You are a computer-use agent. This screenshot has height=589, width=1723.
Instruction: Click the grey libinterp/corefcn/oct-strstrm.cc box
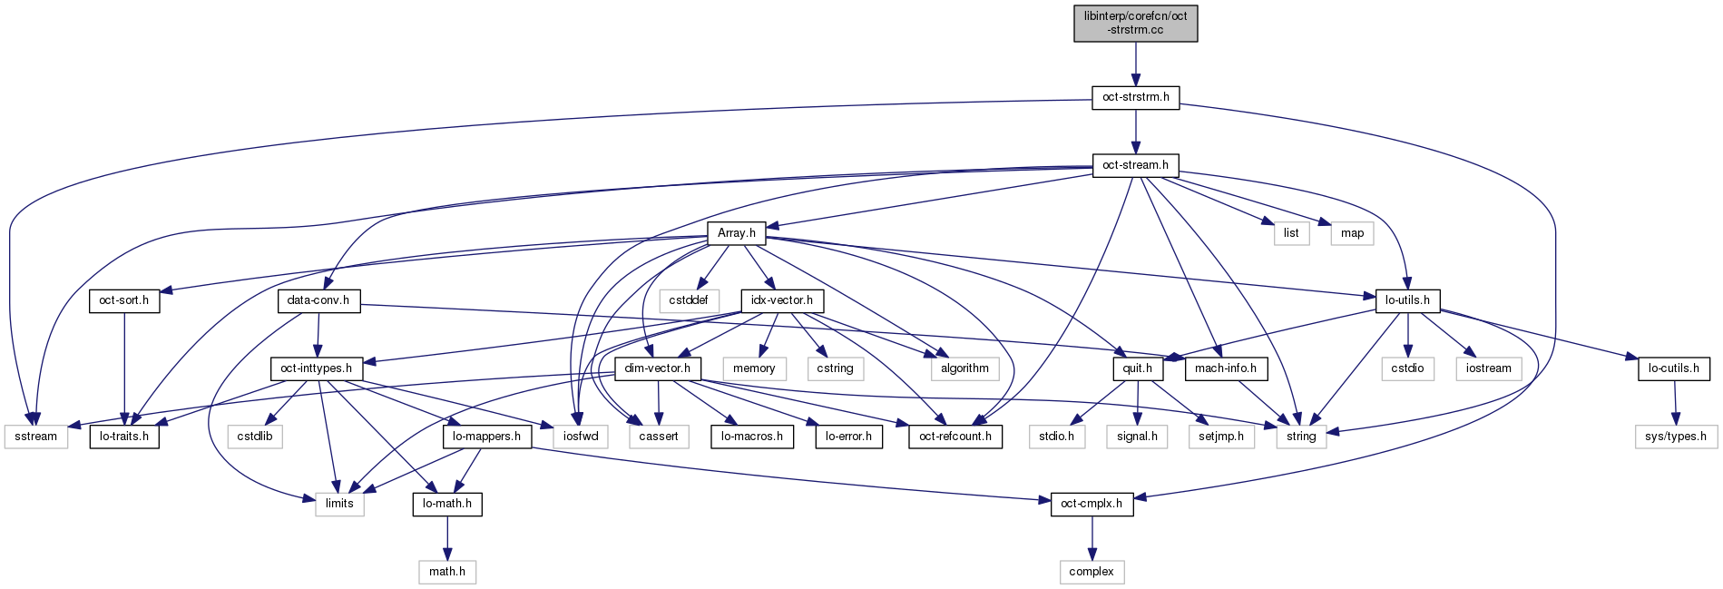pos(1135,23)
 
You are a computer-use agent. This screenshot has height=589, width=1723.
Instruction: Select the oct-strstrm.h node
pos(1135,97)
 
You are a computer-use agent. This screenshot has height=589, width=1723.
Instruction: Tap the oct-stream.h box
pos(1135,165)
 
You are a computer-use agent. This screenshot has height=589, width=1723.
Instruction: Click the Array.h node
pos(736,233)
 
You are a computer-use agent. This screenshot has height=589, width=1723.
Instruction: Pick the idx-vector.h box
pos(782,300)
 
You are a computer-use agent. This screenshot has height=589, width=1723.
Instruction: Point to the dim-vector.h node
pos(657,368)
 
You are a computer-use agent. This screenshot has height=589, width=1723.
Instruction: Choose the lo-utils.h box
pos(1407,300)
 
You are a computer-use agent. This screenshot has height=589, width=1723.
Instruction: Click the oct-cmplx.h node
pos(1092,504)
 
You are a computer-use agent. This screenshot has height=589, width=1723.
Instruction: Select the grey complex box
pos(1092,572)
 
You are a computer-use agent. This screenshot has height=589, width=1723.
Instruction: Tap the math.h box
pos(446,572)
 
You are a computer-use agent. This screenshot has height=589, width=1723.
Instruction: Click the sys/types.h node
pos(1676,437)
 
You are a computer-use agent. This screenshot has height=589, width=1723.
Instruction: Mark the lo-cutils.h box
pos(1674,368)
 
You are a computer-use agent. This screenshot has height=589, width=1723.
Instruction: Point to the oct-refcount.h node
pos(955,437)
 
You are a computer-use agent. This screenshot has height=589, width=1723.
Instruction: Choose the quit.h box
pos(1137,368)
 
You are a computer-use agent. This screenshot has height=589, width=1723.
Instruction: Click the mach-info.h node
pos(1226,368)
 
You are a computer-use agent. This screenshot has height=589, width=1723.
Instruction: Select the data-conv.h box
pos(318,300)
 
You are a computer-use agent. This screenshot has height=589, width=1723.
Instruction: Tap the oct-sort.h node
pos(124,300)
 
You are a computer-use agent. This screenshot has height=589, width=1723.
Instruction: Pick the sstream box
pos(36,437)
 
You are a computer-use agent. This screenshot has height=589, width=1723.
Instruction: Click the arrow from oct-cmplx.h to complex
pos(1092,538)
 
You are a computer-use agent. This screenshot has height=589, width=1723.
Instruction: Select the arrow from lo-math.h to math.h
pos(446,538)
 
